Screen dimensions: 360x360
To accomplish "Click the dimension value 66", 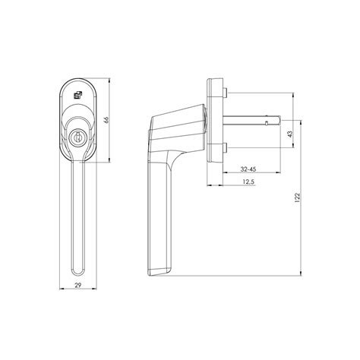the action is point(106,120).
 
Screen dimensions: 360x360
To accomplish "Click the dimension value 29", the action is point(78,286).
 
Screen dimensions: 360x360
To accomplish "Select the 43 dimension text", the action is point(290,134).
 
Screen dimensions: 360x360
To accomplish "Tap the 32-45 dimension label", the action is point(248,169).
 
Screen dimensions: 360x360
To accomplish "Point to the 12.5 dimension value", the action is point(248,182).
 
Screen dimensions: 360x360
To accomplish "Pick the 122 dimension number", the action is point(297,197).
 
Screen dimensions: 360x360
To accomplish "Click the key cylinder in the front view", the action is point(76,138).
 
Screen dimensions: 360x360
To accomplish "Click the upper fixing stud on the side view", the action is point(225,93).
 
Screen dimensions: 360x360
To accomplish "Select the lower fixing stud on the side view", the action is point(225,147).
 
